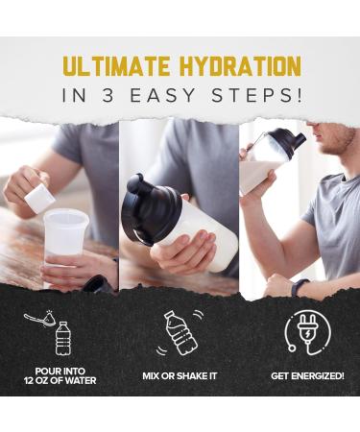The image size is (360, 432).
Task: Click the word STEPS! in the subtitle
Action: [262, 97]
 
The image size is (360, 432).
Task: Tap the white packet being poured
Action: [39, 198]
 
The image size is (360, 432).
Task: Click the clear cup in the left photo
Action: [65, 240]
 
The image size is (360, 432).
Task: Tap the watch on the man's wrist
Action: [300, 286]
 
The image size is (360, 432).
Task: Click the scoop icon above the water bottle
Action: [40, 318]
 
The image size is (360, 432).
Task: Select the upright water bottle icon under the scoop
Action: [62, 338]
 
